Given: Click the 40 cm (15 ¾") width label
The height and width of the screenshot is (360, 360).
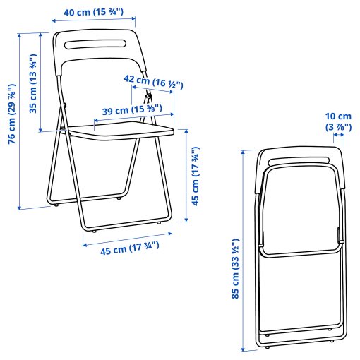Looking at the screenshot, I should point(94,11).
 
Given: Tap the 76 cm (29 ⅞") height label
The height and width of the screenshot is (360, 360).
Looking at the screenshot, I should point(11,114).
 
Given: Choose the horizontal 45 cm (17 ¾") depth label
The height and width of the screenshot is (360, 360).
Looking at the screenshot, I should point(121,248).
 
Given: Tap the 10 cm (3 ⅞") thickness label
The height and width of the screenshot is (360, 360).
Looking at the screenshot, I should point(338,121).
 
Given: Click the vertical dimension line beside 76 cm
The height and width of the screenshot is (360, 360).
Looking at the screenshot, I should point(20,120).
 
